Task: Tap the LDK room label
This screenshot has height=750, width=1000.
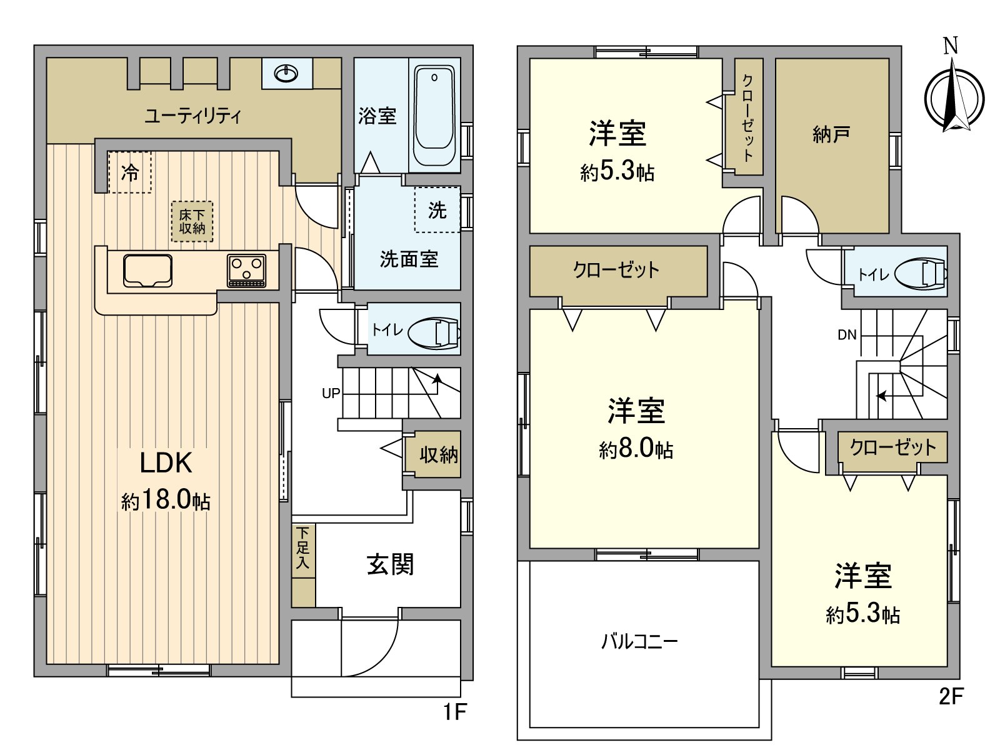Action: [x=166, y=463]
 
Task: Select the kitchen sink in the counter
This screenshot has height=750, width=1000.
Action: [x=147, y=271]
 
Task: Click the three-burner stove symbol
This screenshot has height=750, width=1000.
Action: [x=246, y=271]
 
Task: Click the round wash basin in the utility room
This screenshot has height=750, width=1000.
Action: [x=287, y=74]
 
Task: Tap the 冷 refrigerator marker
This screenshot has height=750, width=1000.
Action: [x=129, y=172]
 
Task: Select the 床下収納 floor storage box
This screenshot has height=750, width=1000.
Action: [x=192, y=221]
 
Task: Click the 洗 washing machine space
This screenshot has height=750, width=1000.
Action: [x=437, y=210]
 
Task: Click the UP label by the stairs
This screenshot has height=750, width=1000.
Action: [x=331, y=393]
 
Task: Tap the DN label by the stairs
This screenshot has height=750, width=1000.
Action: [x=847, y=335]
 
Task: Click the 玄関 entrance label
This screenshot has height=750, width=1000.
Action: [x=390, y=564]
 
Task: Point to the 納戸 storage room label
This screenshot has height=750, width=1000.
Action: [x=831, y=134]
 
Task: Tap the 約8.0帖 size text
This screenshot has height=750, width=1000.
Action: [x=636, y=449]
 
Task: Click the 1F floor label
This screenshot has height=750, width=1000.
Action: [x=455, y=711]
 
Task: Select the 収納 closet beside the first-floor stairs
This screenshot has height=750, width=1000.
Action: [x=438, y=454]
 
